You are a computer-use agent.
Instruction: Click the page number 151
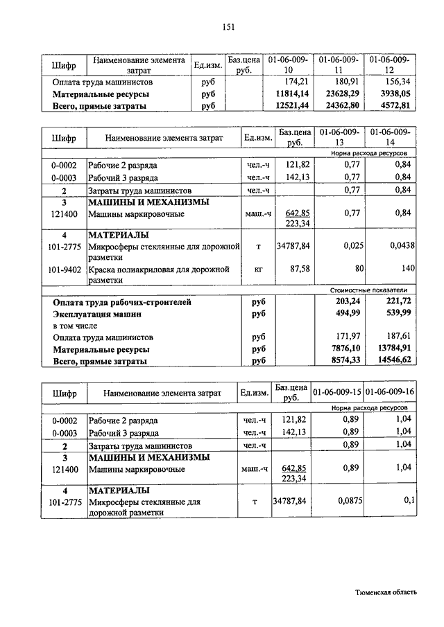pos(229,27)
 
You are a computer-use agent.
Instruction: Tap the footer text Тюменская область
pos(386,592)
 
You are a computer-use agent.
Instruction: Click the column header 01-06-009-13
pos(339,136)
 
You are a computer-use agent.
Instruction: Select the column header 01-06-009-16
pos(390,392)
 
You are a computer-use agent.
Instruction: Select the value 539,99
pos(397,314)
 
